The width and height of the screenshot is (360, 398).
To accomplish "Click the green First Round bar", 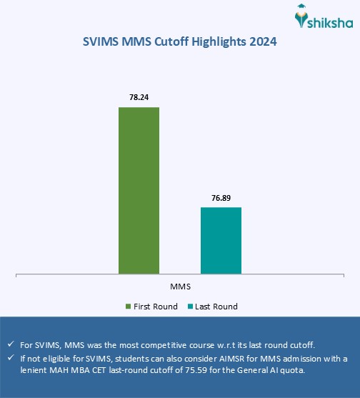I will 139,190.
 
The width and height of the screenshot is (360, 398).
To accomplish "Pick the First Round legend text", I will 155,307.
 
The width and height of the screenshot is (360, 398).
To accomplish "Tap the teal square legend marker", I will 191,307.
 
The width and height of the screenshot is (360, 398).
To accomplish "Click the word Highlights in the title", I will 218,42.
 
